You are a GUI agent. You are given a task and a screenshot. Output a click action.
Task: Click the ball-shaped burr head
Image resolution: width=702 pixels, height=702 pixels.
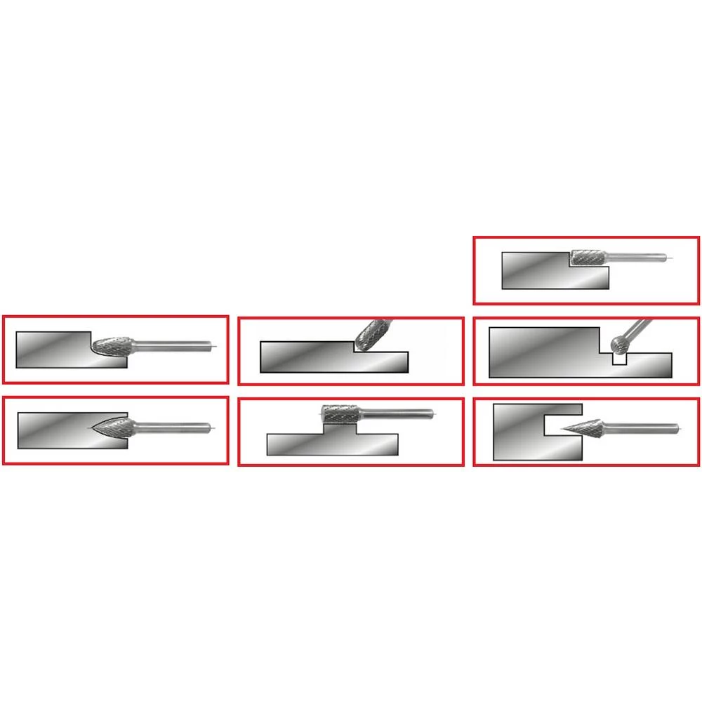618,343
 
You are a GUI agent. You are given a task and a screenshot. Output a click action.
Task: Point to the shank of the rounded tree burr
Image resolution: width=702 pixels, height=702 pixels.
175,345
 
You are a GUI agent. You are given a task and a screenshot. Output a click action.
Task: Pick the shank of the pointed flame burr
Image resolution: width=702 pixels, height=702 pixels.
172,425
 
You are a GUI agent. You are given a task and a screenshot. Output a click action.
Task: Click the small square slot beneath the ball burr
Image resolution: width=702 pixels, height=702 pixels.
618,358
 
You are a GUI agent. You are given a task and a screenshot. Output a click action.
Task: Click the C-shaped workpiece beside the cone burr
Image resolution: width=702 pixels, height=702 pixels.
519,432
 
